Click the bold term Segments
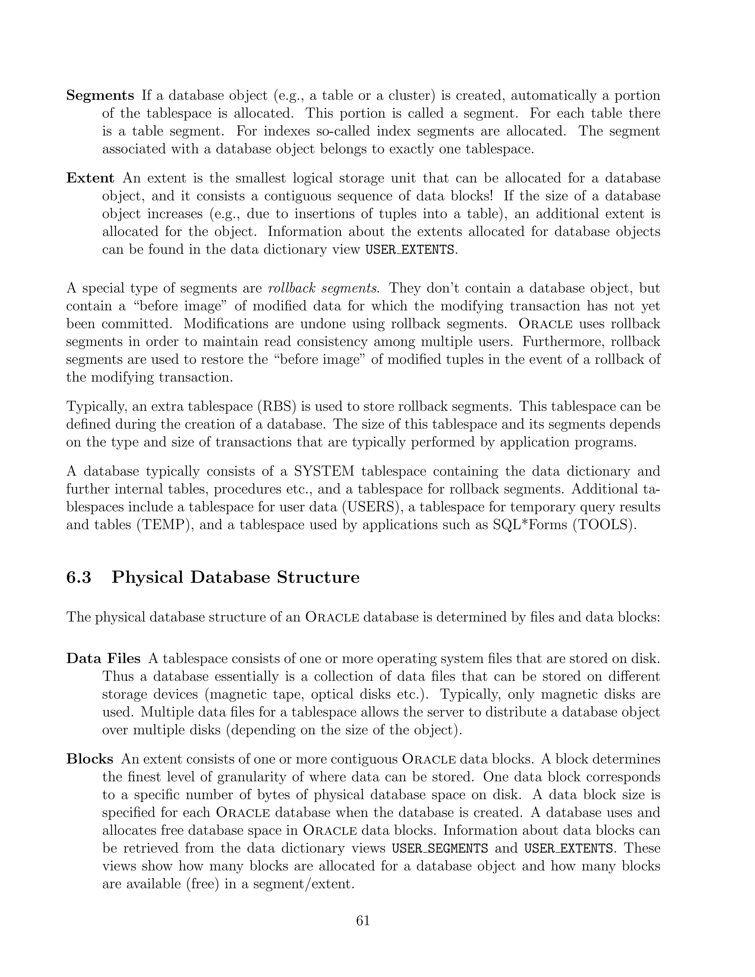(x=100, y=96)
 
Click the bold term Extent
(x=90, y=178)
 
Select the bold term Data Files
(x=103, y=658)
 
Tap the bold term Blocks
(x=90, y=759)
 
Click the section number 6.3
(x=79, y=577)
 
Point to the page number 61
(x=363, y=921)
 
